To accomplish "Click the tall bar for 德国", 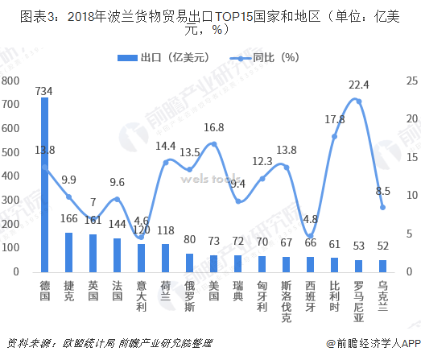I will [44, 185].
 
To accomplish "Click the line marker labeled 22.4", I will [358, 101].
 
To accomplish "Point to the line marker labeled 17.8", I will [334, 136].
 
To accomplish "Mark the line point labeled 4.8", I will [310, 236].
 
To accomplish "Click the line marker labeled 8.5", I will [382, 208].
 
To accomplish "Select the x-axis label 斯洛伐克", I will [286, 302].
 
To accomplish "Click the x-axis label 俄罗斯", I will [189, 296].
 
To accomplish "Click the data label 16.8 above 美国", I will [213, 127].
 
